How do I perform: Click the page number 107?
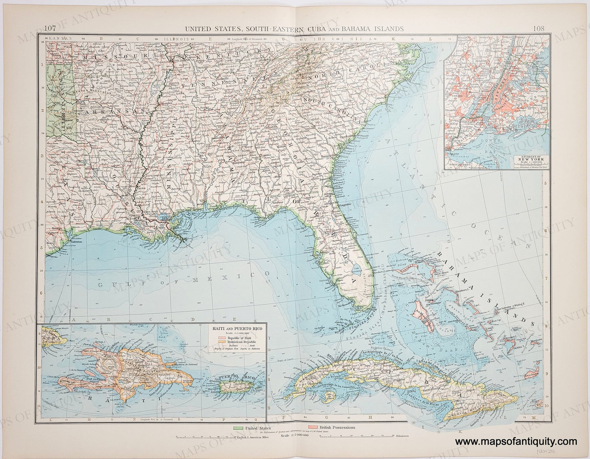(50, 29)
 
